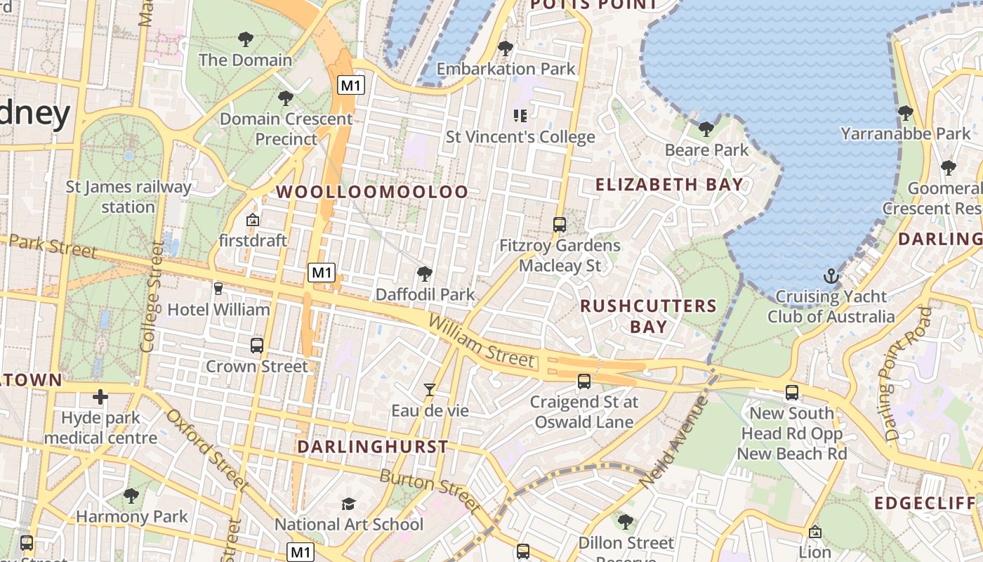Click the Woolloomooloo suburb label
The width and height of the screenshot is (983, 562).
click(x=372, y=192)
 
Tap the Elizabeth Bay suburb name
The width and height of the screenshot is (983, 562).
click(x=669, y=185)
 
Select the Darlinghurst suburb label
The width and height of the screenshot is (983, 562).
click(x=373, y=447)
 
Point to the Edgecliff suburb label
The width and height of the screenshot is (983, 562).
click(x=925, y=503)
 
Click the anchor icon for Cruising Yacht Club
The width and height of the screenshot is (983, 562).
click(x=831, y=276)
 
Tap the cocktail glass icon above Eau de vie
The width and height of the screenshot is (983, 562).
click(x=430, y=389)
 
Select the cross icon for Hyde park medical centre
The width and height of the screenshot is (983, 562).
click(x=100, y=397)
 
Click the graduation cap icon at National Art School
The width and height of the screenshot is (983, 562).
click(x=348, y=504)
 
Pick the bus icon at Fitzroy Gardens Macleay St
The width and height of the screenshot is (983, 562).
click(x=560, y=225)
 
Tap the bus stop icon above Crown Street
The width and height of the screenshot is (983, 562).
click(x=257, y=346)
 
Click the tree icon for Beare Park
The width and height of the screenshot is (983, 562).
click(x=706, y=129)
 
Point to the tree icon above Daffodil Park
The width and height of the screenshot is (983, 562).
click(x=424, y=274)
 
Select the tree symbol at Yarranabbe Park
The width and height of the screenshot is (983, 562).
click(x=906, y=112)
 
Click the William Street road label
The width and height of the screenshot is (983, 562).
click(x=481, y=341)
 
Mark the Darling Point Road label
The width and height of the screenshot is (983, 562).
click(x=907, y=374)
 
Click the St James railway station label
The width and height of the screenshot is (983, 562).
click(x=128, y=197)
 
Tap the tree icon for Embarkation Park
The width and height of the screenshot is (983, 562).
click(x=505, y=48)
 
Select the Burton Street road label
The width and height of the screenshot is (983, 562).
click(x=430, y=490)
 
